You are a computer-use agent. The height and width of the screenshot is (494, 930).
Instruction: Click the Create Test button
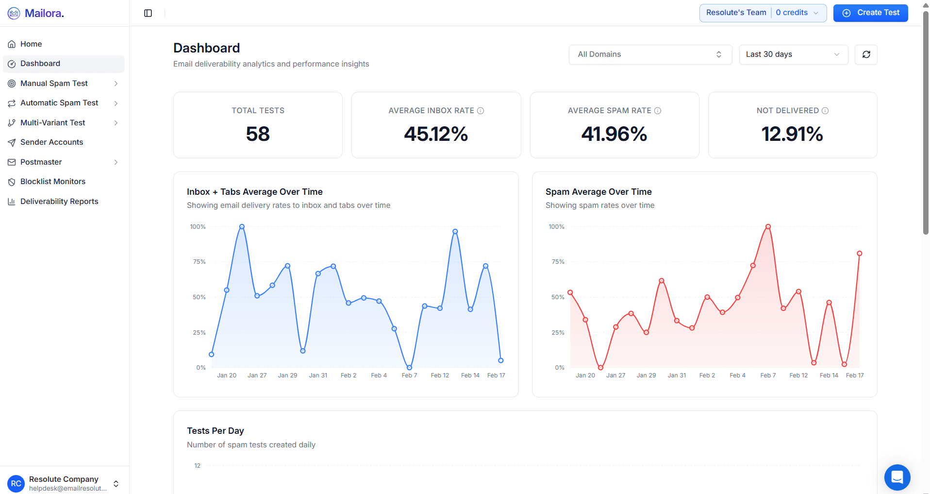[x=870, y=13]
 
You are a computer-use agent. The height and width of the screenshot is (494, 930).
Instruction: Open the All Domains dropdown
[x=650, y=54]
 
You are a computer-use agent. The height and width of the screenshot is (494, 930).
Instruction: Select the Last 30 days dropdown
[x=793, y=54]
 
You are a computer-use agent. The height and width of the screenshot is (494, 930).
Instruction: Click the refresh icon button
[x=866, y=54]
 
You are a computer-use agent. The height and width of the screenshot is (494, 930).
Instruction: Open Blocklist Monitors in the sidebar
[x=53, y=182]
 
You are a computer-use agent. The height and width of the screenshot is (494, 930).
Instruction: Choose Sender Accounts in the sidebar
[x=51, y=142]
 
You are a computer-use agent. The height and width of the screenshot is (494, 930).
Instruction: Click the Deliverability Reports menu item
[x=59, y=202]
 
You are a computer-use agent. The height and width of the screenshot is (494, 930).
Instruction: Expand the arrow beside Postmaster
[x=116, y=162]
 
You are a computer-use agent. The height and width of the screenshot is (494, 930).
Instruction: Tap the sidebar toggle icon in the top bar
[x=148, y=13]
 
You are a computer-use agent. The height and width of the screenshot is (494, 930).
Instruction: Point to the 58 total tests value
[x=258, y=134]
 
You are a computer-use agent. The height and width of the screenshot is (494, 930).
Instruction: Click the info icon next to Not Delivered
[x=825, y=111]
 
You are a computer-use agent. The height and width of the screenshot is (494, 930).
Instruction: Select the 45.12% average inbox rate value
[x=436, y=134]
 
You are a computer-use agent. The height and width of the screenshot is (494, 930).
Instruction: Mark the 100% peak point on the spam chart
[x=768, y=227]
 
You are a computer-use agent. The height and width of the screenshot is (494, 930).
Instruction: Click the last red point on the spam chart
[x=859, y=254]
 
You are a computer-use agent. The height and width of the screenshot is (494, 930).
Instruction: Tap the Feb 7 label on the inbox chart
[x=409, y=375]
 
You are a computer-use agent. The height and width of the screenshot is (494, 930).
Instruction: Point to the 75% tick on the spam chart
[x=558, y=262]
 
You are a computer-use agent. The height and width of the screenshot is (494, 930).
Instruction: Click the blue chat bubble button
[x=897, y=477]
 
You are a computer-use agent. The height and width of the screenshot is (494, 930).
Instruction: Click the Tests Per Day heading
[x=216, y=431]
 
